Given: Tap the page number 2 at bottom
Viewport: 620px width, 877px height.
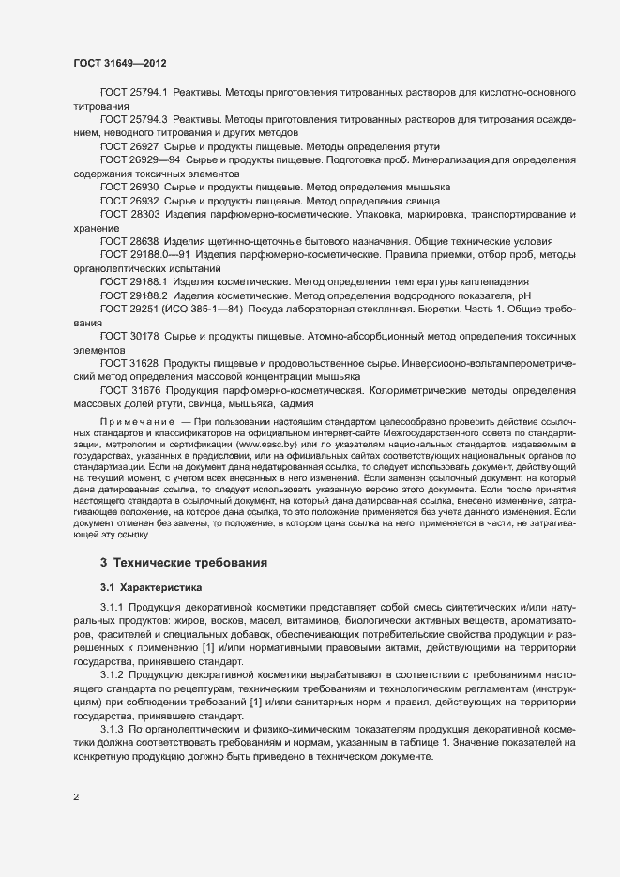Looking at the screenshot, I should (x=76, y=797).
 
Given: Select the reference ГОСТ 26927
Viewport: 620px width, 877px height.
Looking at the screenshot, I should (x=129, y=147).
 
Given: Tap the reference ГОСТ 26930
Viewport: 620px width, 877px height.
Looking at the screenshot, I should (x=129, y=188).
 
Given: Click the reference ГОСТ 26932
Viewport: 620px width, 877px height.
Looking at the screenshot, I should (x=129, y=201).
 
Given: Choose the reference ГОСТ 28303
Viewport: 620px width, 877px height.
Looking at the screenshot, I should (x=129, y=214).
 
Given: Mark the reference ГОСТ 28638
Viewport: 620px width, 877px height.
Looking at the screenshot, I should (x=129, y=241).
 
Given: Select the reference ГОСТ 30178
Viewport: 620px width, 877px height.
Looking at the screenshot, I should (x=129, y=335).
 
